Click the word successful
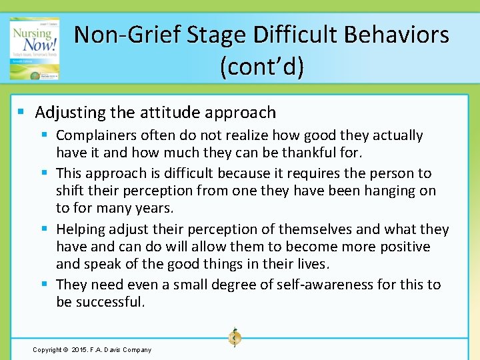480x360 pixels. [x=109, y=302]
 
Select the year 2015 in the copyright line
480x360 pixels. [x=79, y=349]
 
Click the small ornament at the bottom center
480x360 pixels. [x=234, y=338]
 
